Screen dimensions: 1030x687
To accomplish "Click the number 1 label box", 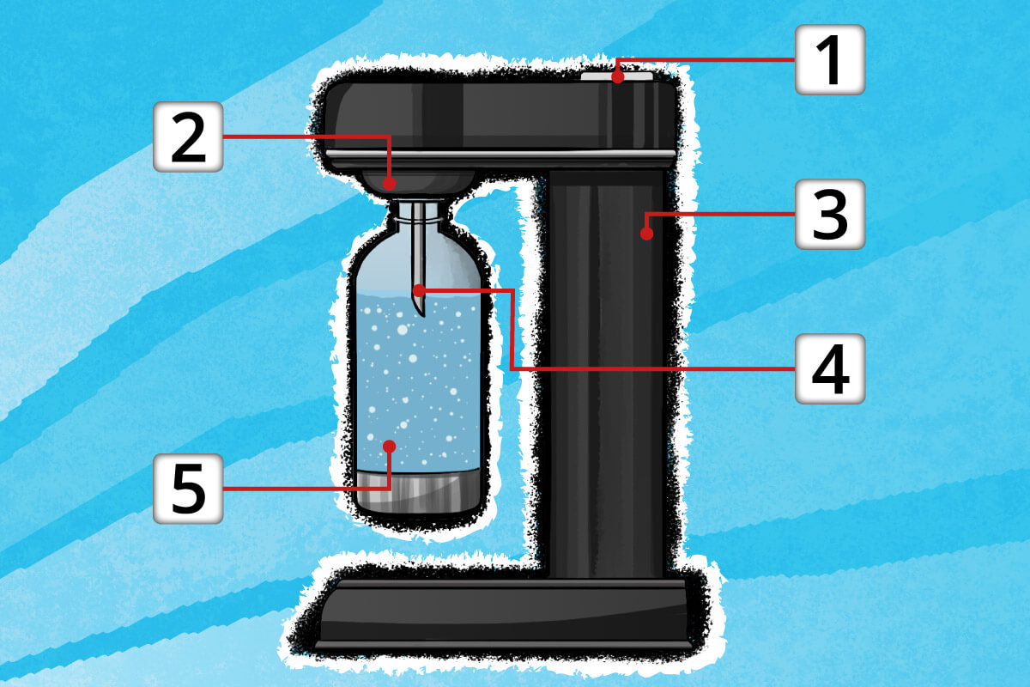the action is pyautogui.click(x=830, y=60).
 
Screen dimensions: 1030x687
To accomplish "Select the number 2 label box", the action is pyautogui.click(x=188, y=137).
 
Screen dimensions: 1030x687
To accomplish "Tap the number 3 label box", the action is pyautogui.click(x=830, y=215).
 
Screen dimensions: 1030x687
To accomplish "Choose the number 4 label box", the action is pyautogui.click(x=830, y=369).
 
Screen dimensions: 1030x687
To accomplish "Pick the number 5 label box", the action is pyautogui.click(x=188, y=489).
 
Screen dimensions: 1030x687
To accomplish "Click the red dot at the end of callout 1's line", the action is pyautogui.click(x=618, y=76).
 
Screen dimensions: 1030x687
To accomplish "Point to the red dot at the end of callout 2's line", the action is pyautogui.click(x=389, y=184).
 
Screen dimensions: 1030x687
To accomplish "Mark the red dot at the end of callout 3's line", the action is pyautogui.click(x=646, y=234).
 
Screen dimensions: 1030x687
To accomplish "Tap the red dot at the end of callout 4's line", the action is pyautogui.click(x=419, y=291).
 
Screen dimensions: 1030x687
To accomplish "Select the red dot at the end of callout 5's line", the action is pyautogui.click(x=389, y=446).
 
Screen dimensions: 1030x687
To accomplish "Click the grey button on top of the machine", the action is pyautogui.click(x=617, y=76).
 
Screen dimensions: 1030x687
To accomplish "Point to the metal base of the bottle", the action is pyautogui.click(x=419, y=492).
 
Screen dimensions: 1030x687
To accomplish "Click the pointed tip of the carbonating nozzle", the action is pyautogui.click(x=422, y=315).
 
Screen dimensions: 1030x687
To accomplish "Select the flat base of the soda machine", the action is pyautogui.click(x=504, y=613).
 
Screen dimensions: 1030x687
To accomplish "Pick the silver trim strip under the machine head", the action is pyautogui.click(x=500, y=153).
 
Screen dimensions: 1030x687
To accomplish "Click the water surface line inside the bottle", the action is pyautogui.click(x=419, y=294).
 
